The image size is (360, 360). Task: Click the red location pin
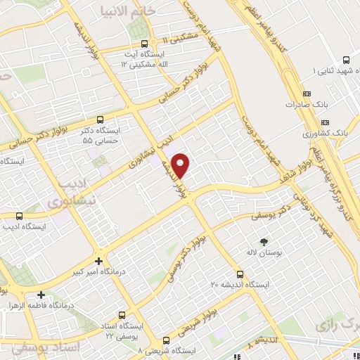181,165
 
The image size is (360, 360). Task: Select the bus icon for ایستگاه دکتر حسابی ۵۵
101,119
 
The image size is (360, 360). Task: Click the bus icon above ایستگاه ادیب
18,216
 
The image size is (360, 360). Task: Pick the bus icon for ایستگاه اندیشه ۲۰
240,274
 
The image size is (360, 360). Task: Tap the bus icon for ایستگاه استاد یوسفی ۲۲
123,314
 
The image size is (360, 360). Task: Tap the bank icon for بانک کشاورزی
307,131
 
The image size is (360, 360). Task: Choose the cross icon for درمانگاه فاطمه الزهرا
42,295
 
